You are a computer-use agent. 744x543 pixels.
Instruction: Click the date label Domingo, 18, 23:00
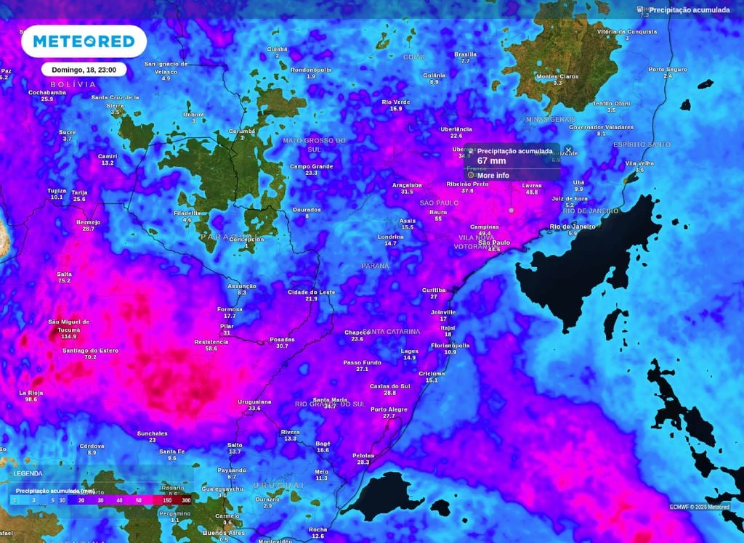coord(84,70)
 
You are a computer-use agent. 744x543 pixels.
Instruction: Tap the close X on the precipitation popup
coord(568,150)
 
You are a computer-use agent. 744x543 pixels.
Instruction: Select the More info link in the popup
coord(492,176)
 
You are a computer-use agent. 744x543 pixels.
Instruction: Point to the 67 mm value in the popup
coord(491,161)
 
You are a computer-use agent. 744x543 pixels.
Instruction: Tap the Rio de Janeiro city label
coord(573,226)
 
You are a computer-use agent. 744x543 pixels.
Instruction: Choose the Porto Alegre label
coord(389,409)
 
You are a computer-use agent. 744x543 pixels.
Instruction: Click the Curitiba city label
coord(434,290)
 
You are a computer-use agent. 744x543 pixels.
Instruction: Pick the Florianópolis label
coord(450,346)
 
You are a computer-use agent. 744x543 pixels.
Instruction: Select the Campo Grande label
coord(311,166)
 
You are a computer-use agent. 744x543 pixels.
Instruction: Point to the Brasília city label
coord(465,54)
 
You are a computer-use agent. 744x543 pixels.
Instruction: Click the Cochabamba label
coord(47,92)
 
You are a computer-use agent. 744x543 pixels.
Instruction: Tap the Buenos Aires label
coord(224,533)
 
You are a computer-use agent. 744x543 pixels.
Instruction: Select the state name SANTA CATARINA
coord(392,332)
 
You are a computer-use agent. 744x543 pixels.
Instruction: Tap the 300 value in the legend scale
coord(186,501)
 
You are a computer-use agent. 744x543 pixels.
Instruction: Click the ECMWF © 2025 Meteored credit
coord(699,507)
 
